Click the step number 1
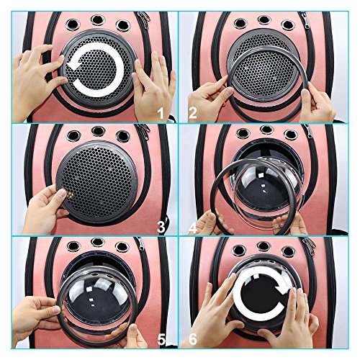tap(161, 113)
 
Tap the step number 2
tap(192, 113)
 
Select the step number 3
tap(161, 227)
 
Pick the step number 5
tap(161, 340)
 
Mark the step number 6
tap(193, 340)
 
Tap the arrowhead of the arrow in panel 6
tap(282, 287)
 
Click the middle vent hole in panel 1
tap(98, 20)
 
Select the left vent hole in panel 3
tap(73, 136)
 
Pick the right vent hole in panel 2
tap(288, 25)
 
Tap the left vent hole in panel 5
tap(73, 246)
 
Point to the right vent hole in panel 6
tap(288, 252)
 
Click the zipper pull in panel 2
tap(306, 20)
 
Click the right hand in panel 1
tap(153, 88)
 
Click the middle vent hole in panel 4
tap(266, 130)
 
